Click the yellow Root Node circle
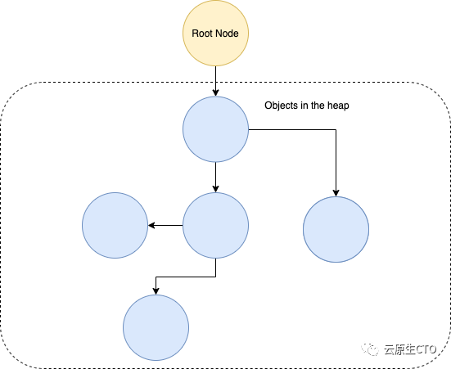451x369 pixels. click(x=215, y=33)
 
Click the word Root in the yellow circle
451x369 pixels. click(x=200, y=34)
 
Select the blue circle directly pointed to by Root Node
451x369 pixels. click(x=215, y=129)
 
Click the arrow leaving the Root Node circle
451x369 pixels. click(x=215, y=81)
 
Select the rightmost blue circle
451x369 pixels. click(x=336, y=229)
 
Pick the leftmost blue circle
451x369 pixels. click(x=115, y=225)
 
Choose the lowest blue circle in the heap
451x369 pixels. click(x=156, y=327)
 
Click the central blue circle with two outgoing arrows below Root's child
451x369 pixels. click(x=215, y=225)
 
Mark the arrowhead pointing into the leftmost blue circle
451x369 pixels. click(x=151, y=225)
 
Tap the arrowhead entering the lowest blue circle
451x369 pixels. click(x=156, y=291)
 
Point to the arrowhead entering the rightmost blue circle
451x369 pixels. click(x=336, y=193)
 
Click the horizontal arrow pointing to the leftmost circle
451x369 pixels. click(x=165, y=225)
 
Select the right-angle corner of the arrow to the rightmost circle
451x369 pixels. click(x=336, y=129)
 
